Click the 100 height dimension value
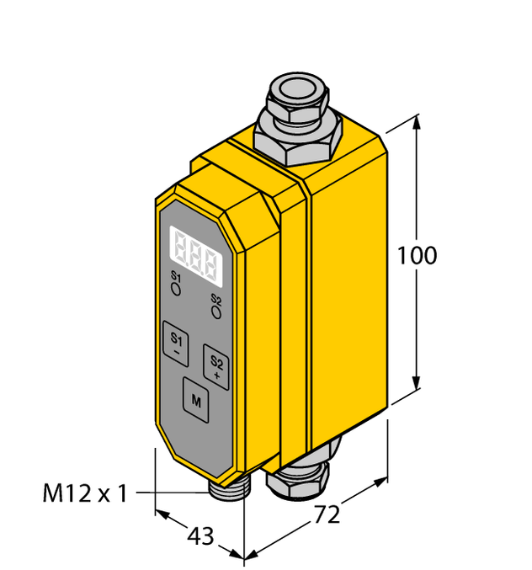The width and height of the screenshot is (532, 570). click(418, 255)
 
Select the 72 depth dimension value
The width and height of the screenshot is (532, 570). click(327, 515)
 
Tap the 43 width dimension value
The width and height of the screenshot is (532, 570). click(199, 535)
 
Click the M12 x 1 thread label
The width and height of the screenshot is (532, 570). click(84, 493)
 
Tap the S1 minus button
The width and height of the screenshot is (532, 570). click(176, 343)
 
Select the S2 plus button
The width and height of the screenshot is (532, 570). click(216, 365)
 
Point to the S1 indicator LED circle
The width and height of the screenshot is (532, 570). click(176, 289)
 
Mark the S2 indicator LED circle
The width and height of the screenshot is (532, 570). click(216, 312)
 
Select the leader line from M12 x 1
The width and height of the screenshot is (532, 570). click(169, 493)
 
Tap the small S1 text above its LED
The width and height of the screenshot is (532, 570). click(176, 277)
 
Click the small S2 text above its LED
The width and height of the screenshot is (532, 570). click(216, 300)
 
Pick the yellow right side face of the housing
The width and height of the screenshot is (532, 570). click(349, 278)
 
